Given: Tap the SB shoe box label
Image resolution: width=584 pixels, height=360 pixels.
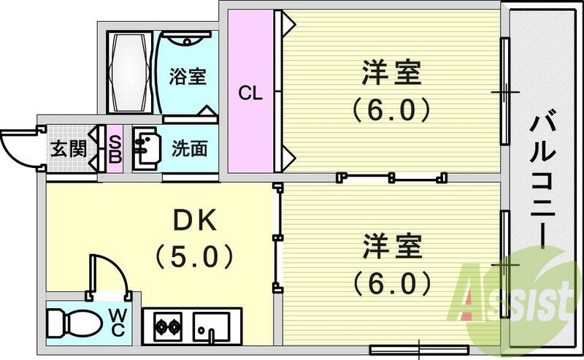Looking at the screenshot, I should tap(115, 150).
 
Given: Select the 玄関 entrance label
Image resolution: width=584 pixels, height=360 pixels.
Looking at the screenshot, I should tap(69, 150).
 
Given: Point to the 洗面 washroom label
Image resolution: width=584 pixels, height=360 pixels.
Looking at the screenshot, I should tap(189, 149).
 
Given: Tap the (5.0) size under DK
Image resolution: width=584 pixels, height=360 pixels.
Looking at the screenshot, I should tap(193, 257).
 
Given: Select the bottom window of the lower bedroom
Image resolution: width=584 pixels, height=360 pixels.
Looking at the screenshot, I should tap(418, 349).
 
